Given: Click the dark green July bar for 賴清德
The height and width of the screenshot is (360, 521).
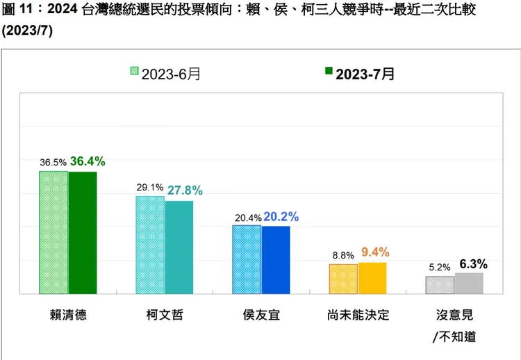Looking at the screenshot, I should tap(83, 233).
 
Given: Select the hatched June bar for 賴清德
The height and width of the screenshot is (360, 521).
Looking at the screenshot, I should tap(53, 233).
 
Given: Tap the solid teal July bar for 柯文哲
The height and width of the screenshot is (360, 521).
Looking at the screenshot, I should tap(179, 247).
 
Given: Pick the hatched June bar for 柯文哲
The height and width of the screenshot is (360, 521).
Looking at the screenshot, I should tap(150, 245).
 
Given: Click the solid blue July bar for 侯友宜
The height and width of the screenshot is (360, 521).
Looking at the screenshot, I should tap(276, 260).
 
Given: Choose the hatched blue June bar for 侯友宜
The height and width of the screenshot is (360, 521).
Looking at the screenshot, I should tap(247, 259).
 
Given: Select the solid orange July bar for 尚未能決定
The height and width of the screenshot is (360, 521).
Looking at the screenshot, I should tap(372, 278).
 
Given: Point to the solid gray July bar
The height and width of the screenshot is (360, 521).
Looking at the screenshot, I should tap(469, 284).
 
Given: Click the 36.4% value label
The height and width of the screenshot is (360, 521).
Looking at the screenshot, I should tap(88, 161).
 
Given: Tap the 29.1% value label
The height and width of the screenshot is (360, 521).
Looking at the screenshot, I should tap(149, 188).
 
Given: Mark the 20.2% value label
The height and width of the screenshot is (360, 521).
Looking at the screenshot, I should tap(281, 216).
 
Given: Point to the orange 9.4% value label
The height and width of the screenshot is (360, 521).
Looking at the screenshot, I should tap(376, 252).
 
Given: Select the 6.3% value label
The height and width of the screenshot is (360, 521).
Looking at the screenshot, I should tap(473, 263).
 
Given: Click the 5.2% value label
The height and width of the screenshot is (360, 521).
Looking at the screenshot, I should tap(439, 267).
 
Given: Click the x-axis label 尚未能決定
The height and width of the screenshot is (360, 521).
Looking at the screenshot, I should tap(358, 314).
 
